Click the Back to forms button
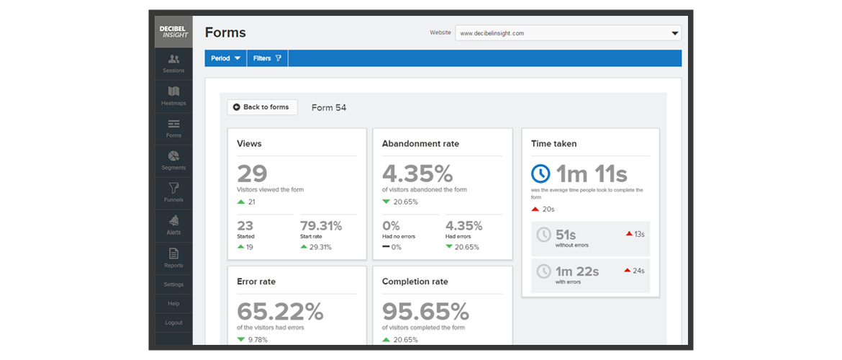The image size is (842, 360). coord(262,107)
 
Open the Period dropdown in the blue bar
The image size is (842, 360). coord(225,58)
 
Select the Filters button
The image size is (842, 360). coord(268,58)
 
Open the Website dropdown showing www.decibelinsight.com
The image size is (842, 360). coord(568,33)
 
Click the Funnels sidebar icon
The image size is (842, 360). coord(173,188)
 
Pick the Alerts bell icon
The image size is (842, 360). coord(173,220)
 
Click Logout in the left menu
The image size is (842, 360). coord(173,323)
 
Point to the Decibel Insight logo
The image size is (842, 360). coord(173,32)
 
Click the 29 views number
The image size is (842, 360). coord(252,174)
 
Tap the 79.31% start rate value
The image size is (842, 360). coord(321,226)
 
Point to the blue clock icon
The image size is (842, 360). coord(540,174)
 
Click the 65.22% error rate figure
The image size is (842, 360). coord(280,312)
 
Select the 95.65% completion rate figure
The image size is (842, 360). coord(425,312)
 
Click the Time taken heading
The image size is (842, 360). coord(553,143)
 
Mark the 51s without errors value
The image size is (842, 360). coord(566,234)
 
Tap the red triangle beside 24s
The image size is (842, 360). coord(628,270)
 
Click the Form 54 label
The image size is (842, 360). coord(329,107)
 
